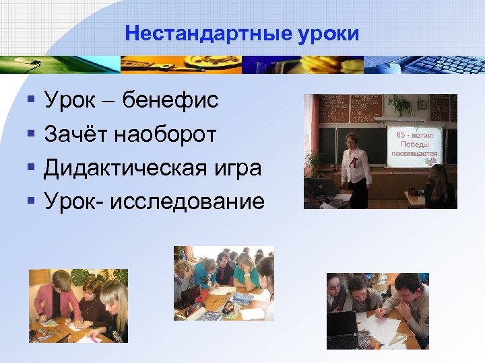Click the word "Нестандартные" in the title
pyautogui.click(x=207, y=34)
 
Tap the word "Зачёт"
pyautogui.click(x=76, y=134)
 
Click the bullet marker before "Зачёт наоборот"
pyautogui.click(x=30, y=134)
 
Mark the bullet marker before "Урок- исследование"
pyautogui.click(x=30, y=200)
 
